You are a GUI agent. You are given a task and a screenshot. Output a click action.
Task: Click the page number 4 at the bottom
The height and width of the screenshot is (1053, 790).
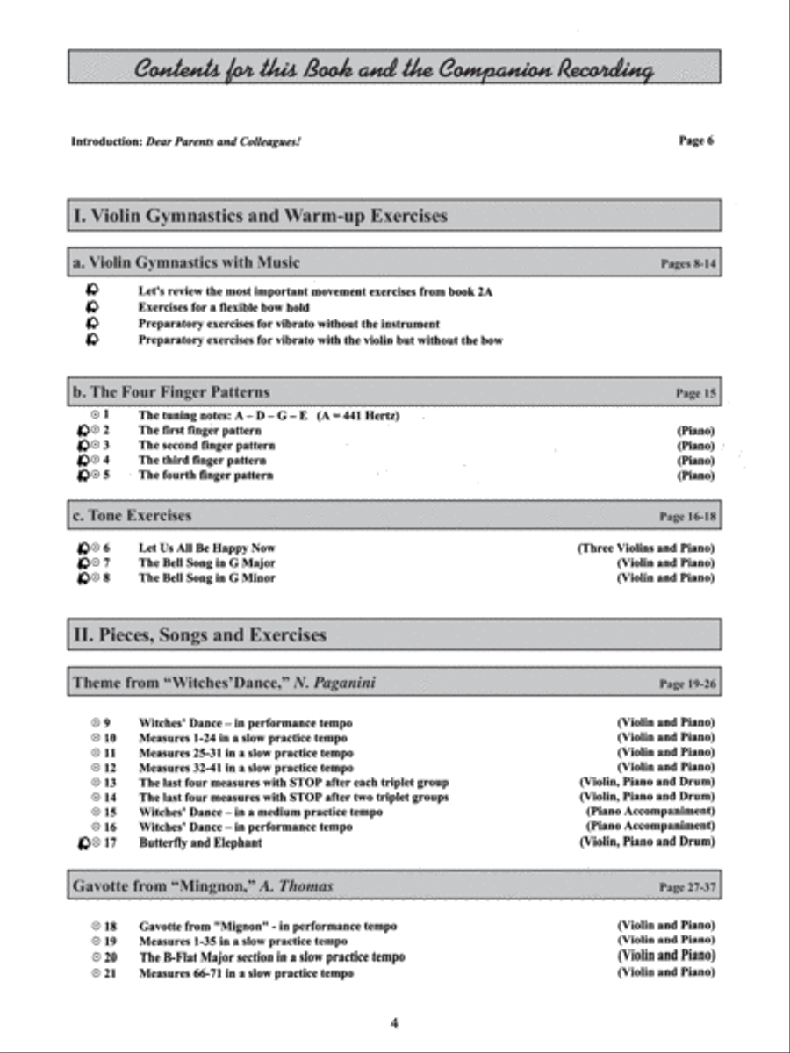tap(395, 1022)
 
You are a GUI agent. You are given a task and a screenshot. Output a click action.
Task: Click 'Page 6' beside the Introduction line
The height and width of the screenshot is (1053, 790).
tap(696, 140)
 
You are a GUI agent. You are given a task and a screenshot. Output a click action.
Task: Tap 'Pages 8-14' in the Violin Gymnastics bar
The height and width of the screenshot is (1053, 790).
tap(688, 263)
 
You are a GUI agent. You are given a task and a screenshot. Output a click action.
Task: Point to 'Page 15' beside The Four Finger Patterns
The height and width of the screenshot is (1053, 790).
tap(695, 394)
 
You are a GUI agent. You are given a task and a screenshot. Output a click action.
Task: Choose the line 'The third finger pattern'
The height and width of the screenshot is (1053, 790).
tap(202, 461)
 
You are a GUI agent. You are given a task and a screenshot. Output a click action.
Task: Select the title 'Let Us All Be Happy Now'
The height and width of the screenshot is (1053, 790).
tap(207, 548)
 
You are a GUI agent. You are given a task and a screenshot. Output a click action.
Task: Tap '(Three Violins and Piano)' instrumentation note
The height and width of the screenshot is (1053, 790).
tap(645, 548)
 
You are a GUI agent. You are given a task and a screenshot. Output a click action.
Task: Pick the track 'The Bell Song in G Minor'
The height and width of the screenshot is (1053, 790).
tap(207, 578)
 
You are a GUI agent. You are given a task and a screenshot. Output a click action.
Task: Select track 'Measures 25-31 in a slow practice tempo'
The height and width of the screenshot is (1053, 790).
tap(246, 753)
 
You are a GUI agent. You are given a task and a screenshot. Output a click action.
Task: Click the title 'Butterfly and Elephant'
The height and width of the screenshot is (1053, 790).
tap(200, 843)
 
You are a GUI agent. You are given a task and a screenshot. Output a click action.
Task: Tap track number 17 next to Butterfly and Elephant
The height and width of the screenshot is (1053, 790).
tap(110, 843)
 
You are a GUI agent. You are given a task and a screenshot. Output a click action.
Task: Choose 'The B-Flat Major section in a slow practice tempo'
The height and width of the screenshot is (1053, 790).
tap(272, 957)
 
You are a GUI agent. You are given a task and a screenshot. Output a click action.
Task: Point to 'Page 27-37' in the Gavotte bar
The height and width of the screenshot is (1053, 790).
tap(687, 888)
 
